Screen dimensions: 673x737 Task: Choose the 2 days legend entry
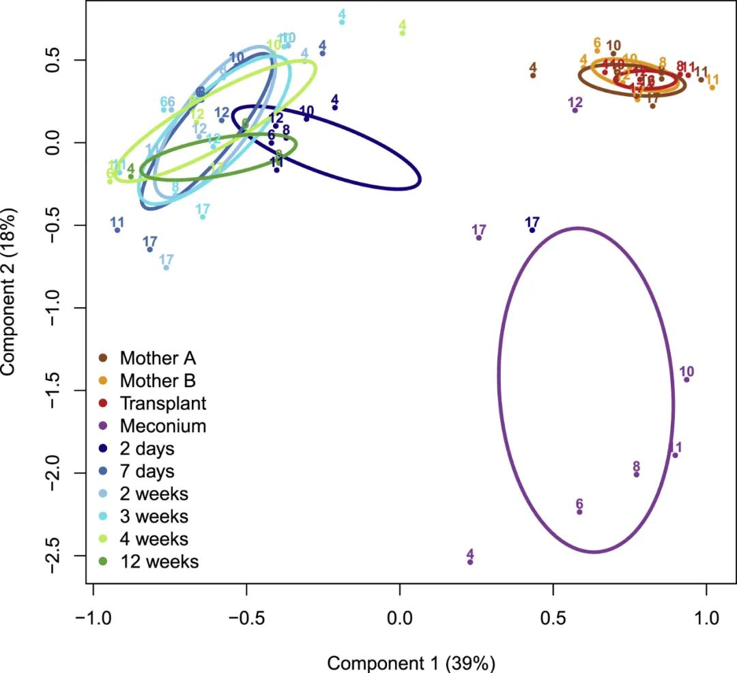tap(147, 448)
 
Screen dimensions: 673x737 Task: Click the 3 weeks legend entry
tap(154, 516)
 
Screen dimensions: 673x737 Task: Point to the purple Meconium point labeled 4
tap(470, 562)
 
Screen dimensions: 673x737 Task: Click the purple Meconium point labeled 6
tap(579, 512)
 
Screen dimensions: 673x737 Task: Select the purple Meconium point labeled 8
tap(637, 474)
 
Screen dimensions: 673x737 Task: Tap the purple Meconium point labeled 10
tap(687, 380)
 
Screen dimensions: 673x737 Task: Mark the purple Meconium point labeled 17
tap(479, 238)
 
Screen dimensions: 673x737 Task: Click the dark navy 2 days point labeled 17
tap(532, 230)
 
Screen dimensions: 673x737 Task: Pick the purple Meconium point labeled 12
tap(575, 110)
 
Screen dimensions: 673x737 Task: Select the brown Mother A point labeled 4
tap(533, 75)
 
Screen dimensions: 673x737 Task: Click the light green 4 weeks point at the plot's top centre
tap(403, 33)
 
